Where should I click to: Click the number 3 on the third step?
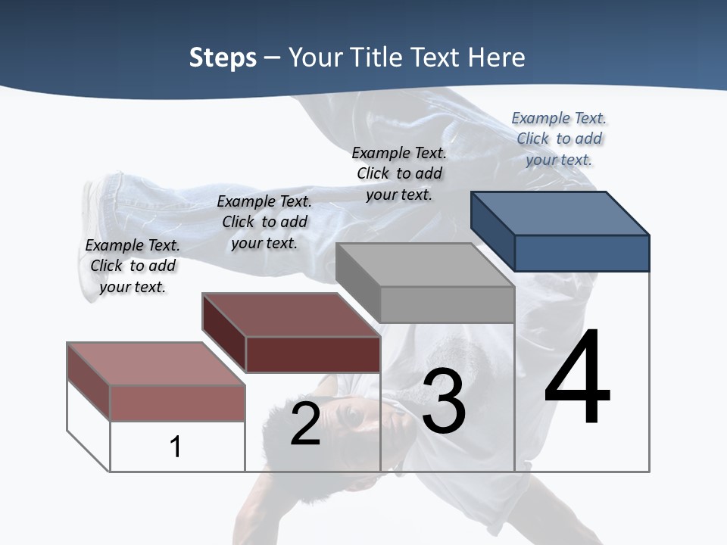pos(444,401)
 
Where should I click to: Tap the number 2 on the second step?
pos(305,424)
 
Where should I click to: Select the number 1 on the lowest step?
pos(176,447)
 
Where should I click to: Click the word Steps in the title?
pos(223,58)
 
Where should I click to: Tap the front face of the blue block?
pos(582,253)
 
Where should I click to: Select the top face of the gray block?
pos(425,265)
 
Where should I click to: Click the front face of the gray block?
pos(447,304)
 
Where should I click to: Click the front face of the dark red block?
pos(313,354)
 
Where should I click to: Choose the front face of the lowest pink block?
pos(177,403)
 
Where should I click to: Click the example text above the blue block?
pos(559,139)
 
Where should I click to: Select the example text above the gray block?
pos(399,173)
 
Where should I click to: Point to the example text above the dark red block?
pos(264,222)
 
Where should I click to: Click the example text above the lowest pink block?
pos(133,266)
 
